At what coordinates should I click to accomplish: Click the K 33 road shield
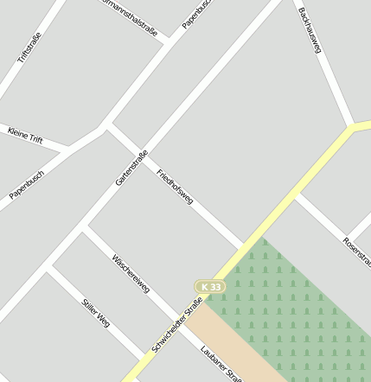(209, 286)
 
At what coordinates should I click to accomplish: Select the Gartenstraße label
(131, 168)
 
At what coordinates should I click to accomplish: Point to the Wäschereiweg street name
(131, 273)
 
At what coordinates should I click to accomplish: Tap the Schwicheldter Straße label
(177, 324)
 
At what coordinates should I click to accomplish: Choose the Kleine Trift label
(24, 135)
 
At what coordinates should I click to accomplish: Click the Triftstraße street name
(29, 48)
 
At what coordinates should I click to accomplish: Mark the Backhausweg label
(310, 30)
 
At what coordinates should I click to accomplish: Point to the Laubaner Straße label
(220, 363)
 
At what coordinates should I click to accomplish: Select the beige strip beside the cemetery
(233, 346)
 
